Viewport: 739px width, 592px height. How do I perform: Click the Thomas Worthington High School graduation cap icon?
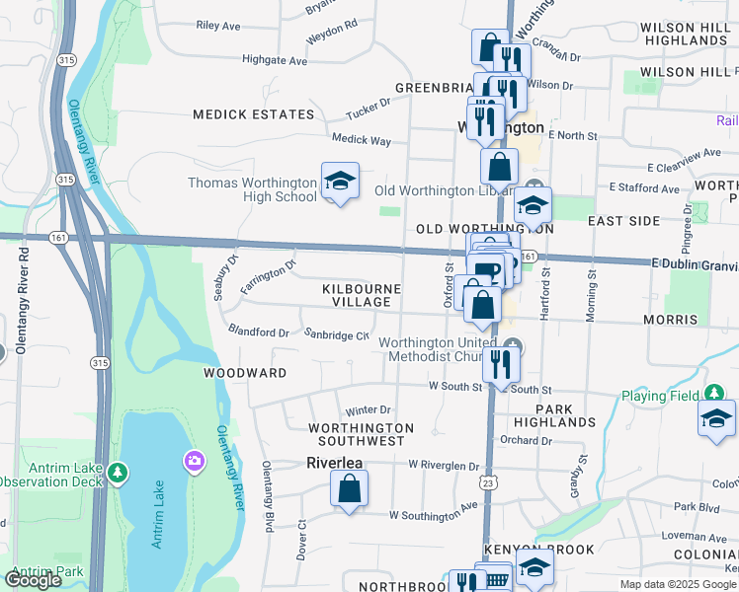(x=340, y=182)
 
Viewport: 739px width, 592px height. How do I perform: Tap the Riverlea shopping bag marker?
(x=349, y=488)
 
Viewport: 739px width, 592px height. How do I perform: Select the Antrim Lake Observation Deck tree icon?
(x=119, y=474)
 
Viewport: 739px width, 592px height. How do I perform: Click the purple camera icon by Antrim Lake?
(x=194, y=460)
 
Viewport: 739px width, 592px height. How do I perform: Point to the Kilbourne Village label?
(x=362, y=295)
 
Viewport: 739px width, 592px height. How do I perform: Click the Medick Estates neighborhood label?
(x=253, y=114)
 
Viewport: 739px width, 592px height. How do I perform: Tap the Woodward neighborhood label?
(x=245, y=373)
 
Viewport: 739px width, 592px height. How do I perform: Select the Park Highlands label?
(x=566, y=414)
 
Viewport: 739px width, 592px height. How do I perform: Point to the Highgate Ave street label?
(x=275, y=60)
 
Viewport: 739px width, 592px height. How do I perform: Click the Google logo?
(x=33, y=580)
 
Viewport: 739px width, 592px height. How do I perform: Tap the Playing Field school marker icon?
(x=716, y=417)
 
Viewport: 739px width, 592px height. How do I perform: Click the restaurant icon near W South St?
(x=502, y=364)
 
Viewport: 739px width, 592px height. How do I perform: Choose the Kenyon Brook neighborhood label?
(x=538, y=549)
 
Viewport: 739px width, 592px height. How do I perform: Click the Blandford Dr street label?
(x=258, y=333)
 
